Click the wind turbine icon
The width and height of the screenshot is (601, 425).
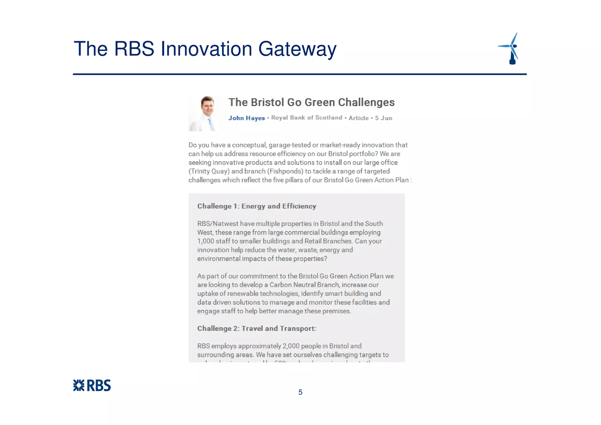pyautogui.click(x=511, y=48)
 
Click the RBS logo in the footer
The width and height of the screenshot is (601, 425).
pyautogui.click(x=92, y=385)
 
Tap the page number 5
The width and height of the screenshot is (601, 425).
pyautogui.click(x=300, y=392)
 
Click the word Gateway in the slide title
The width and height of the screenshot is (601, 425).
pyautogui.click(x=297, y=49)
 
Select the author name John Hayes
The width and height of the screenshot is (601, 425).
pyautogui.click(x=247, y=118)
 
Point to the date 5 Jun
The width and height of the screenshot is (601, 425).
pyautogui.click(x=384, y=118)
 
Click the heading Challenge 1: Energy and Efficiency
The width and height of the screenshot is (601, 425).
pyautogui.click(x=256, y=206)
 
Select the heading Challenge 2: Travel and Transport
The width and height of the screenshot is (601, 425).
pyautogui.click(x=256, y=328)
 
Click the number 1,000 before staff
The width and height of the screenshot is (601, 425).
pyautogui.click(x=206, y=241)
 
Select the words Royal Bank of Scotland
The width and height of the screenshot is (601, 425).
pyautogui.click(x=307, y=118)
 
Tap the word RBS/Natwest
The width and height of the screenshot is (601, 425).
pyautogui.click(x=218, y=224)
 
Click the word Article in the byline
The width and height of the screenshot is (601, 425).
pyautogui.click(x=358, y=118)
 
